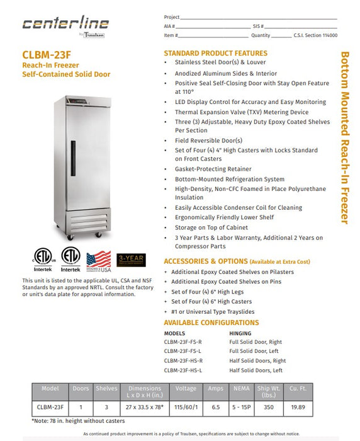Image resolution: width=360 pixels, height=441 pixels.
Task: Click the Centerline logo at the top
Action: (65, 24)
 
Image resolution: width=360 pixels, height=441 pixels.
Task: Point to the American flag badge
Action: (98, 260)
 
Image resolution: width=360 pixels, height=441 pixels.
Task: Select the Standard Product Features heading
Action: (215, 54)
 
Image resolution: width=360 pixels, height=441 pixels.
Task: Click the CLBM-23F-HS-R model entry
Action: (183, 361)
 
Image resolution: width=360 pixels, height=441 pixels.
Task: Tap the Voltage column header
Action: (186, 389)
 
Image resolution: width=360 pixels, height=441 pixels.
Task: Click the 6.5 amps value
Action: (216, 408)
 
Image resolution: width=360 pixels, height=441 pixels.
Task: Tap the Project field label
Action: (171, 17)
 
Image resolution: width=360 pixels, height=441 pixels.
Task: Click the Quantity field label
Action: (261, 36)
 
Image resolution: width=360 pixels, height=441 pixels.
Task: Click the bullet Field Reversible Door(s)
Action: (208, 140)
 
